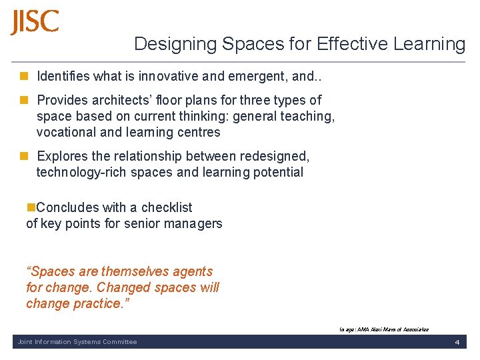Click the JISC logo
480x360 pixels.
tap(35, 22)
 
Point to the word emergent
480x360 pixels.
tap(254, 76)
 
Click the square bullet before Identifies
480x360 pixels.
tap(24, 76)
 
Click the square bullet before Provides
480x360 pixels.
tap(24, 100)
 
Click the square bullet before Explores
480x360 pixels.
tap(24, 156)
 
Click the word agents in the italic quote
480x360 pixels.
tap(192, 271)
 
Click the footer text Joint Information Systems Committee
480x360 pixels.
tap(75, 342)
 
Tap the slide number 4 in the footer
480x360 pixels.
tap(457, 342)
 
